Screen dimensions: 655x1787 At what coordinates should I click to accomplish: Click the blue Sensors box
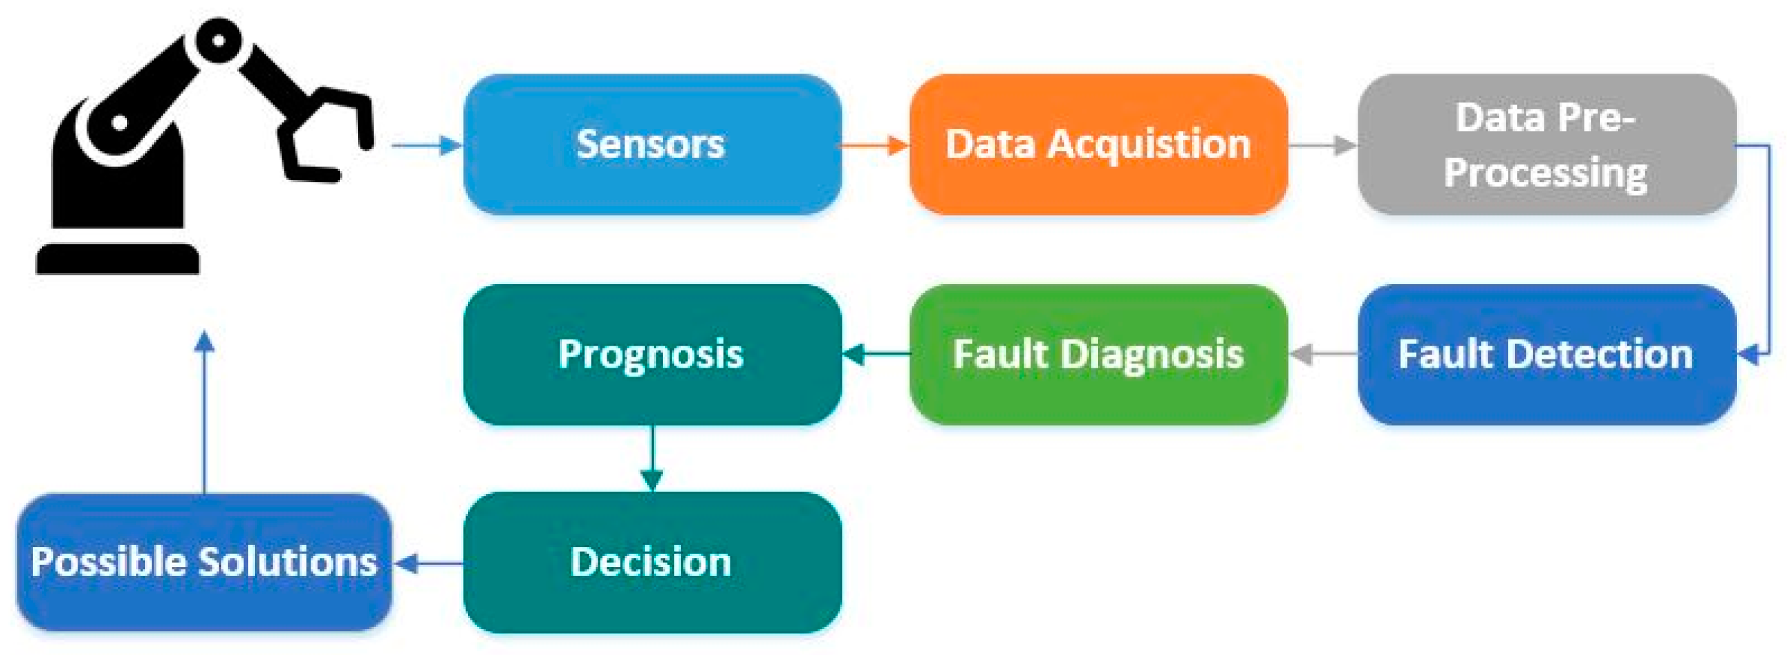click(652, 144)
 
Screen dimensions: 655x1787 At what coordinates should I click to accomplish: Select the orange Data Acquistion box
click(1098, 144)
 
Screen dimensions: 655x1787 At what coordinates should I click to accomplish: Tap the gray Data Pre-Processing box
click(1547, 144)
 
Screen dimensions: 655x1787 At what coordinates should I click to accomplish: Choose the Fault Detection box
click(1547, 355)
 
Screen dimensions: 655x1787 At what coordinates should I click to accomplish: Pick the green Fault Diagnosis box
click(1098, 355)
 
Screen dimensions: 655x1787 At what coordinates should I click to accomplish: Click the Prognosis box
click(652, 355)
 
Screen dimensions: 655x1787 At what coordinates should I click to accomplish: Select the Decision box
click(652, 562)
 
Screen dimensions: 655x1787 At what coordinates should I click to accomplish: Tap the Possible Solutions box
click(204, 562)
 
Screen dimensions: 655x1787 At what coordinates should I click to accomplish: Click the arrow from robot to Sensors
click(427, 146)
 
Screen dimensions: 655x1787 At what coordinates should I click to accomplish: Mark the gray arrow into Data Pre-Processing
click(1322, 146)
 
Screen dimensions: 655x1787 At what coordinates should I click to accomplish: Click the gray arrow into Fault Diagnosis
click(1322, 355)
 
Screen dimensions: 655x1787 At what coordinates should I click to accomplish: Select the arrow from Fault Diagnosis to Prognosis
click(875, 355)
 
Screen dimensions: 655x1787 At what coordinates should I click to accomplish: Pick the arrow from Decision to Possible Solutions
click(428, 564)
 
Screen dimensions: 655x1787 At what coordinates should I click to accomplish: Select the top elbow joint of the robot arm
click(218, 41)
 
